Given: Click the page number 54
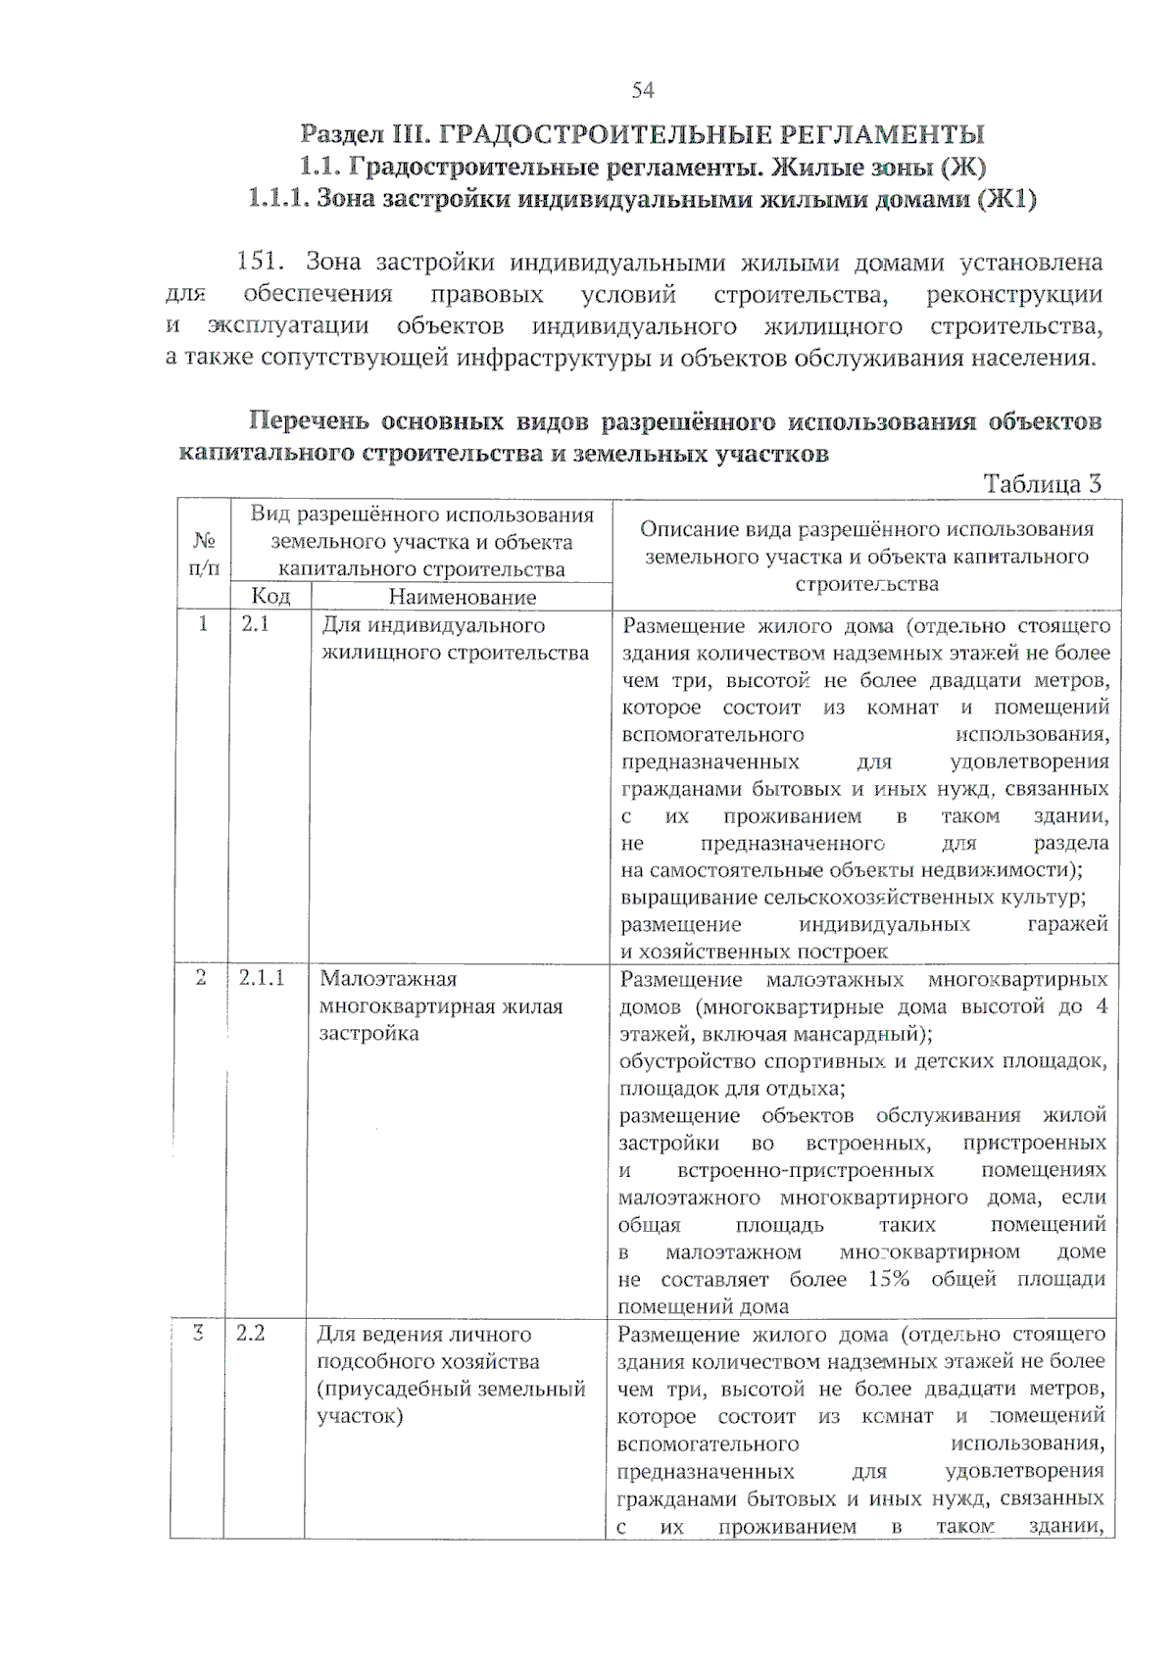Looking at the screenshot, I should tap(643, 90).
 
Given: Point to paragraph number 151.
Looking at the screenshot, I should tap(260, 262).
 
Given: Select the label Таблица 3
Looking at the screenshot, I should tap(1043, 483).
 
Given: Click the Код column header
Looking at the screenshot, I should tap(270, 596).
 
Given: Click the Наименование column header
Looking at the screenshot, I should tap(463, 596).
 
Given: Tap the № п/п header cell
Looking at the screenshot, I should tap(204, 554).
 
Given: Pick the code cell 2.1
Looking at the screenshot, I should tap(255, 624).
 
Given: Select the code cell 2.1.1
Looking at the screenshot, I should tap(262, 978).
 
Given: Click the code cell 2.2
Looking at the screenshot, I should tap(251, 1333).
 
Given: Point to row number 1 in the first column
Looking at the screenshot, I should tap(203, 624).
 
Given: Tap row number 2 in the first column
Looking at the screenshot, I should tap(201, 978).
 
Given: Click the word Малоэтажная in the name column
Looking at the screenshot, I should tap(388, 978).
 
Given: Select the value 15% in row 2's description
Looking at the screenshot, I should tap(888, 1278).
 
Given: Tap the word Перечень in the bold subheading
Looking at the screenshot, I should tap(308, 421).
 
